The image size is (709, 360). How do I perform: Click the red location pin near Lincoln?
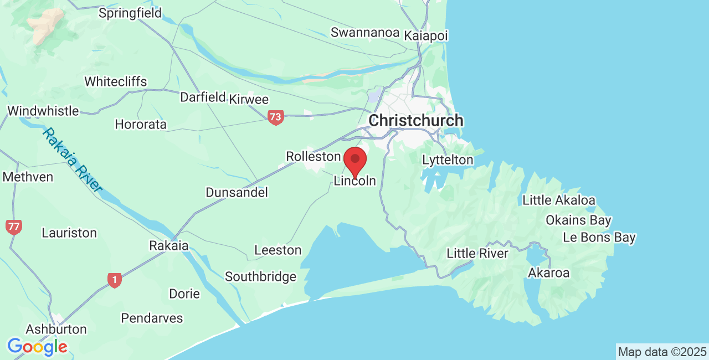pyautogui.click(x=355, y=161)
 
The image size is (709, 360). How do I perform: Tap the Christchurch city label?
pyautogui.click(x=416, y=120)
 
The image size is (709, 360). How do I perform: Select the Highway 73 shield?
pyautogui.click(x=275, y=117)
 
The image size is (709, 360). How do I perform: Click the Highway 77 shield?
pyautogui.click(x=13, y=227)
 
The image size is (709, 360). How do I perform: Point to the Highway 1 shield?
pyautogui.click(x=114, y=280)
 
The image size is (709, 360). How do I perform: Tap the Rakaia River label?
pyautogui.click(x=73, y=160)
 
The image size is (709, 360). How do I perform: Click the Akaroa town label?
pyautogui.click(x=548, y=272)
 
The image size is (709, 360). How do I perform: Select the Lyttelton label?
pyautogui.click(x=448, y=160)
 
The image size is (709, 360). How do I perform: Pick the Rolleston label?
pyautogui.click(x=313, y=157)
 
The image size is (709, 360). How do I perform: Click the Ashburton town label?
pyautogui.click(x=56, y=329)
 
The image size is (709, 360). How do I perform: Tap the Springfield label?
pyautogui.click(x=130, y=13)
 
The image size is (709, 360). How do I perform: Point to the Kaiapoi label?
pyautogui.click(x=425, y=35)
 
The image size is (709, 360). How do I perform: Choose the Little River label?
pyautogui.click(x=477, y=254)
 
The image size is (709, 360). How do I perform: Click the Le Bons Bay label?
pyautogui.click(x=599, y=238)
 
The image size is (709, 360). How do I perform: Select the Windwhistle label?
pyautogui.click(x=43, y=111)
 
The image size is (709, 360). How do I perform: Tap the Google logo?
pyautogui.click(x=37, y=347)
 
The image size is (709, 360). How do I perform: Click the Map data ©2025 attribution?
pyautogui.click(x=662, y=352)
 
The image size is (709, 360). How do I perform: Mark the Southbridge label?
pyautogui.click(x=260, y=276)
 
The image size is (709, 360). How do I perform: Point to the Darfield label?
pyautogui.click(x=203, y=97)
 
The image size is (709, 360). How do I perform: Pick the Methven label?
pyautogui.click(x=28, y=177)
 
